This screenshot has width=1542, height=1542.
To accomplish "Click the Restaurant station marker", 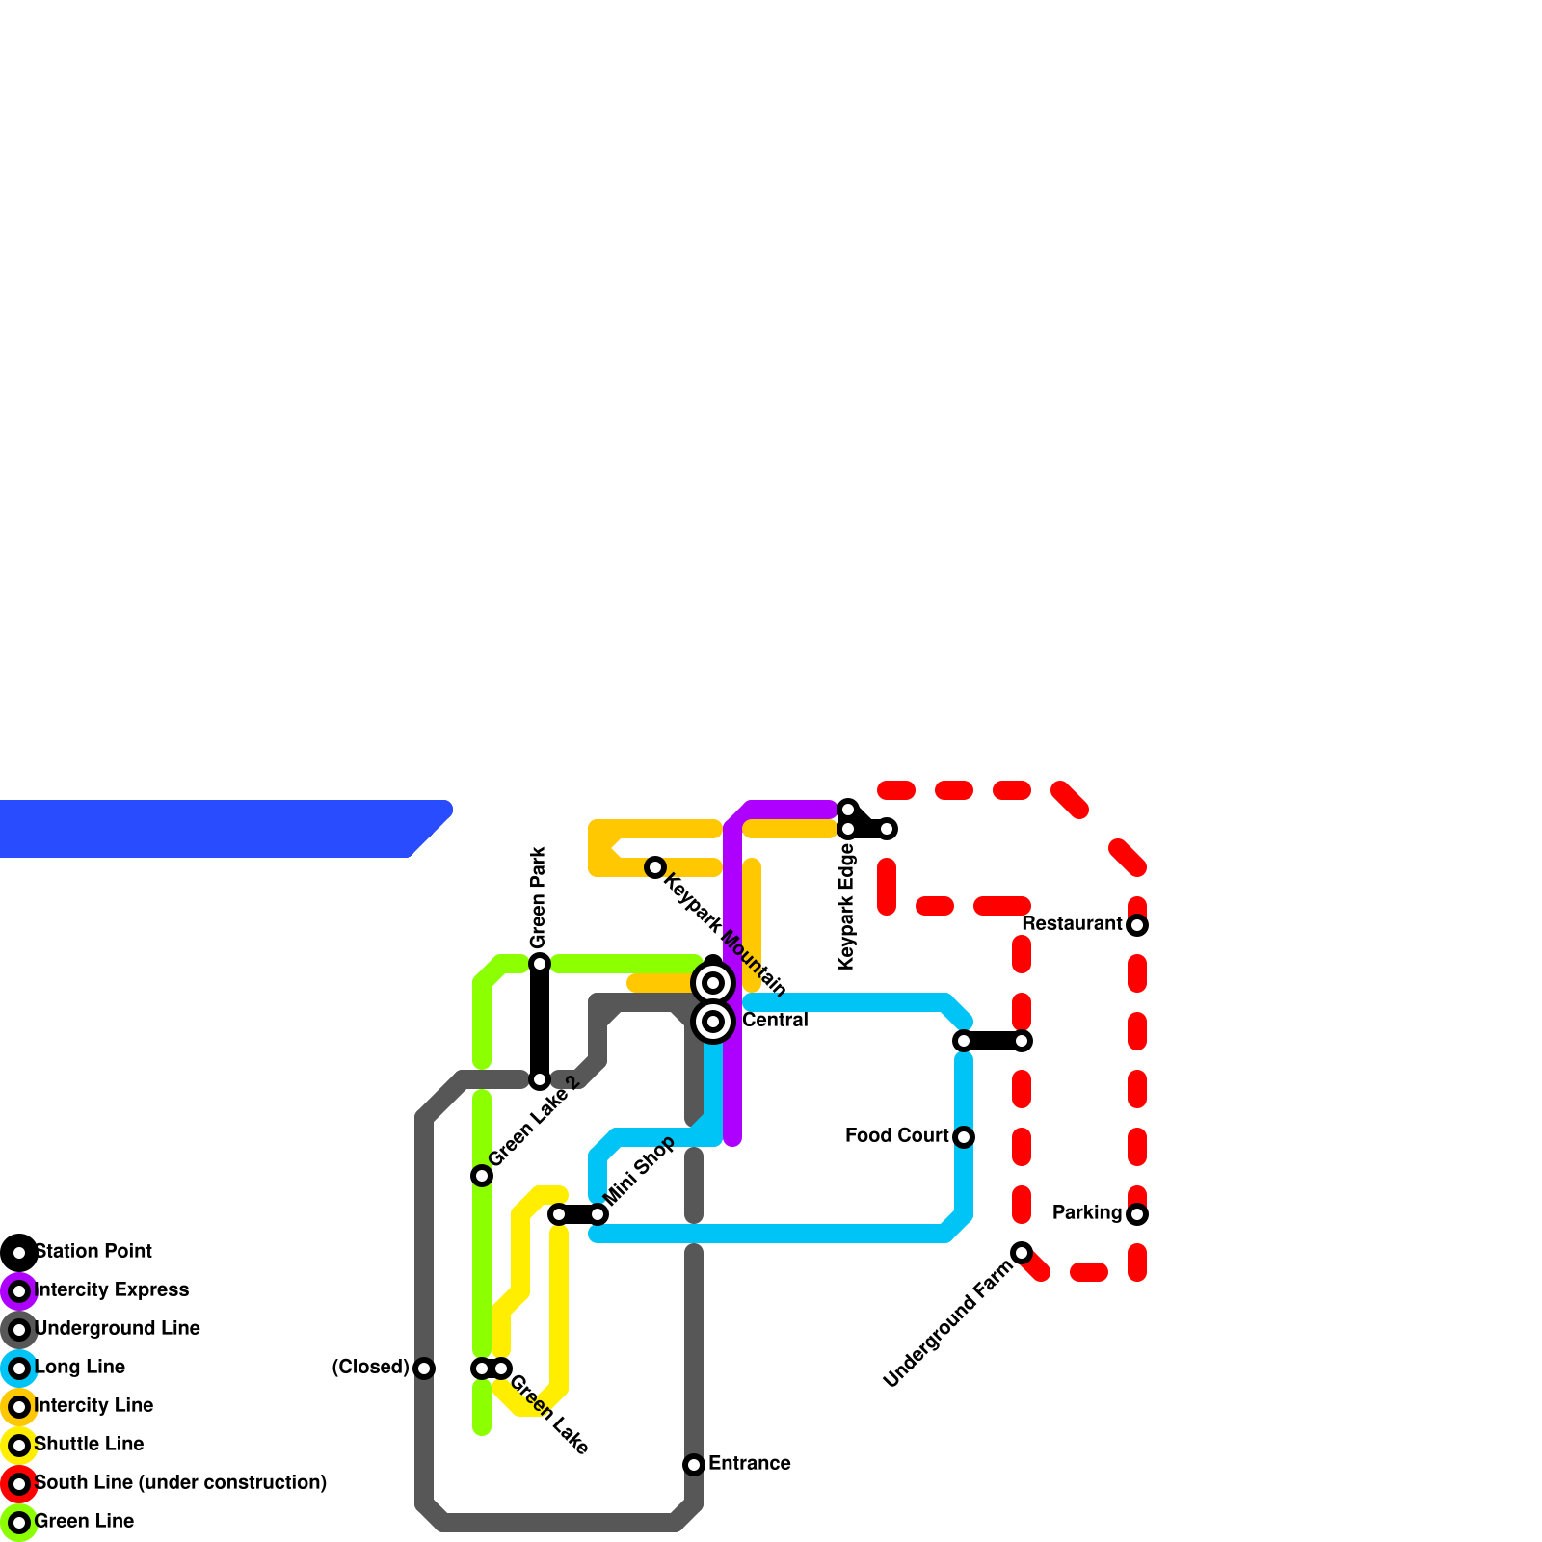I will [x=1137, y=925].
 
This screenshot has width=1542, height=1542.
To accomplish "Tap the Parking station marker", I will [x=1137, y=1214].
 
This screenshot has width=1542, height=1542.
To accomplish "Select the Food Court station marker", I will [x=964, y=1137].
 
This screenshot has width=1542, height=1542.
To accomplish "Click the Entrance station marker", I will [x=694, y=1465].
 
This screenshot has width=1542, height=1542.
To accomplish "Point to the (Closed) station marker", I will [x=424, y=1369].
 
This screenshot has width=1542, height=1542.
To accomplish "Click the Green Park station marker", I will [x=540, y=964].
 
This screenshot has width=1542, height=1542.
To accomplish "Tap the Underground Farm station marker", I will [x=1022, y=1253].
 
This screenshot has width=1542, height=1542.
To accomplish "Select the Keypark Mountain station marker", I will [x=655, y=867].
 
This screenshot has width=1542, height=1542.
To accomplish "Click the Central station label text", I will [x=775, y=1021].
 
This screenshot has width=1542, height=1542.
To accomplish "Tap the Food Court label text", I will [x=896, y=1136].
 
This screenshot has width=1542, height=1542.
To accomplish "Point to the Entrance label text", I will [x=749, y=1464].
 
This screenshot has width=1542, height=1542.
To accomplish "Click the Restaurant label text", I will [x=1072, y=924].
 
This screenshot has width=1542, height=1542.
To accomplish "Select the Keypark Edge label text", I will [x=847, y=906].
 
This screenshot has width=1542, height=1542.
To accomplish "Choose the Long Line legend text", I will [x=80, y=1368].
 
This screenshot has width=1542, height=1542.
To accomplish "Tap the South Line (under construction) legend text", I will [x=180, y=1483].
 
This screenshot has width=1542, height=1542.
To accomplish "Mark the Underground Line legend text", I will [x=117, y=1329].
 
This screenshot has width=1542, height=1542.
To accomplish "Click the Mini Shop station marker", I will [x=598, y=1214].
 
